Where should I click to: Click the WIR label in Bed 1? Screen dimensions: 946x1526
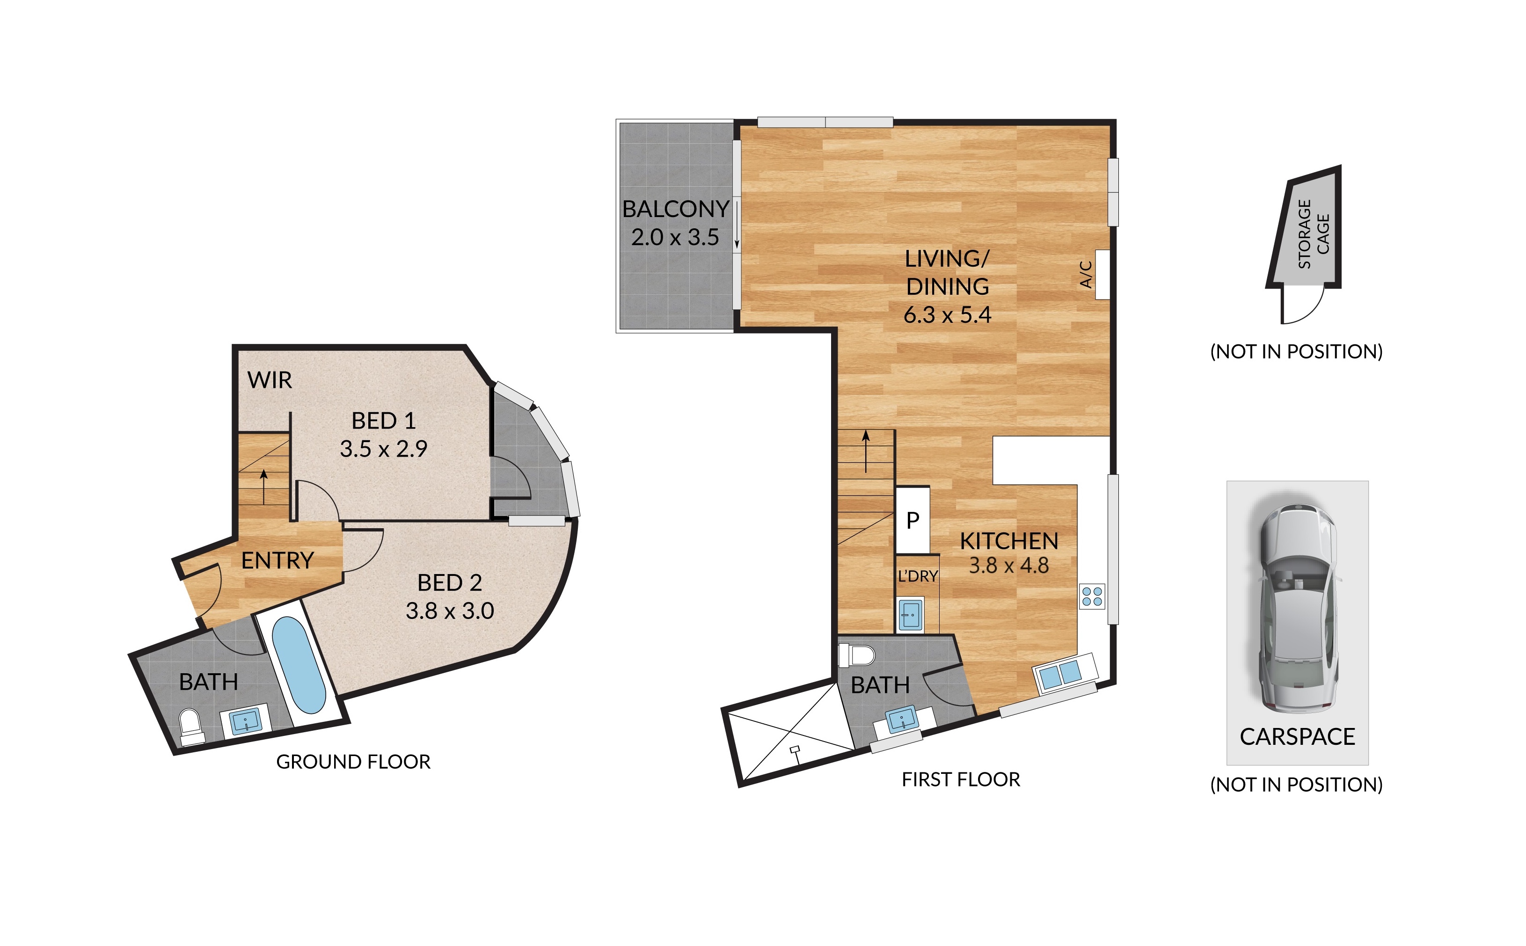tap(270, 380)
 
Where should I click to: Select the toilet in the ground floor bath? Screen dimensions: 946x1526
tap(191, 726)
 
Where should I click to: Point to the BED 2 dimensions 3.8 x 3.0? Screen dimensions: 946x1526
tap(450, 611)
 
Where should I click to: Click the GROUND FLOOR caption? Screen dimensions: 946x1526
tap(353, 762)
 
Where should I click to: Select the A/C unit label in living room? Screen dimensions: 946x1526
tap(1087, 274)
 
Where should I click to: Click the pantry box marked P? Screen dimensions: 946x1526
tap(913, 520)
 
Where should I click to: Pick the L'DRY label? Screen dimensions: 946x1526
tap(918, 576)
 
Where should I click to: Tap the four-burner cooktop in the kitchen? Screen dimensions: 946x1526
tap(1092, 596)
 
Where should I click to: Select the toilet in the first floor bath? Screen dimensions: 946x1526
tap(857, 655)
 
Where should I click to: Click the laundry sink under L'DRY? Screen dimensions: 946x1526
tap(910, 616)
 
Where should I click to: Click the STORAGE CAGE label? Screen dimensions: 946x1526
tap(1313, 234)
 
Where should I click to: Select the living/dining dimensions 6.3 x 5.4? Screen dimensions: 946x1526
tap(947, 315)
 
